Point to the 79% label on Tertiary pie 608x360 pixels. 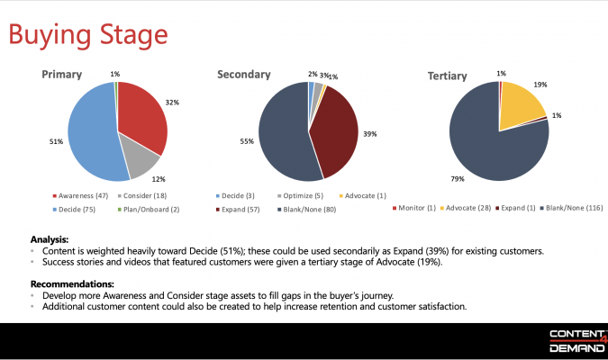[458, 178]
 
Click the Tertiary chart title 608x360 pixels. [447, 76]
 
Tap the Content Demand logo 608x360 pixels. [572, 341]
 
